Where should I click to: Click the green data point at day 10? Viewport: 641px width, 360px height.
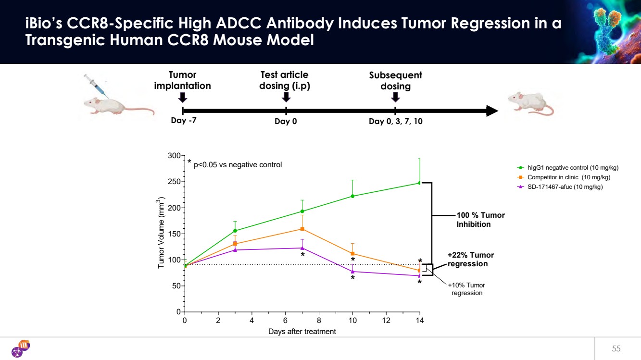pos(352,196)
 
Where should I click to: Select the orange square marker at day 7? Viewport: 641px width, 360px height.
pos(302,229)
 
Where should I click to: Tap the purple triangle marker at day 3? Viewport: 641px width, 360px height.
pos(235,249)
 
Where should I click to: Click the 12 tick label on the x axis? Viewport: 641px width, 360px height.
pos(386,321)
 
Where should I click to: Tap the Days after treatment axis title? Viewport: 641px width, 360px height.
pos(302,332)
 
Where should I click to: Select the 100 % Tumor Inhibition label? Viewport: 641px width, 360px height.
pos(480,220)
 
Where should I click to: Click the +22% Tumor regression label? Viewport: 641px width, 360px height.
pos(470,260)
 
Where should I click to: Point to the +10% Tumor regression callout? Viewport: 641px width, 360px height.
pos(466,289)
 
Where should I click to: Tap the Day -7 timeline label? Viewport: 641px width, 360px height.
pos(184,121)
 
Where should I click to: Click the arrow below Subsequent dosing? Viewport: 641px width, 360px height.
pos(395,97)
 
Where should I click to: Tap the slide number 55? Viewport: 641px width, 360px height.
pos(616,348)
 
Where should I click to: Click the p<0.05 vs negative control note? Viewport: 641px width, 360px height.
pos(237,165)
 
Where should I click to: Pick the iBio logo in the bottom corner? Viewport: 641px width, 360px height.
pos(20,348)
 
